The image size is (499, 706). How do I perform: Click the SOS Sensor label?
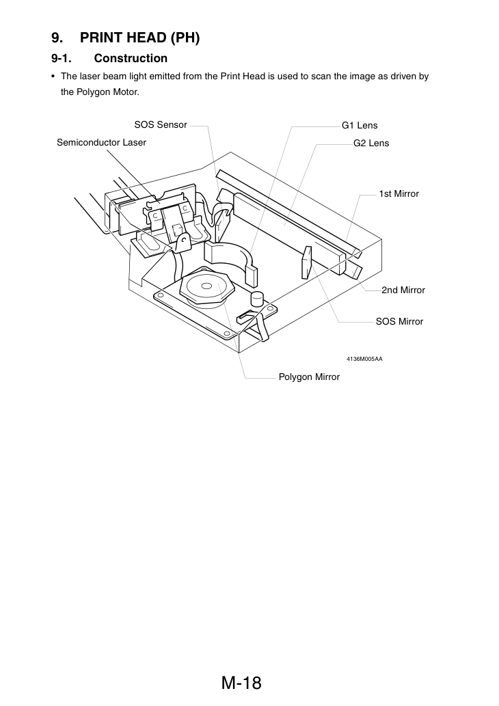click(x=161, y=124)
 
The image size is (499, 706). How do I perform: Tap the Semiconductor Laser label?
click(x=101, y=142)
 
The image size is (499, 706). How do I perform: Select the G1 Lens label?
click(x=360, y=125)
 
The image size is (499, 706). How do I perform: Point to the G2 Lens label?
click(x=371, y=143)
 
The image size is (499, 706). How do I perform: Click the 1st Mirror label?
click(x=399, y=193)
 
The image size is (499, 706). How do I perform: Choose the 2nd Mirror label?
click(x=403, y=290)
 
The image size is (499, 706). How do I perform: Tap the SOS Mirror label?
click(x=399, y=321)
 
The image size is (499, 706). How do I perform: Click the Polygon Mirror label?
click(x=309, y=377)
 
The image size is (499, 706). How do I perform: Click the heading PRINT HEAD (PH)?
click(x=139, y=38)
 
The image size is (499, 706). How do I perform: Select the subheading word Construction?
click(x=131, y=58)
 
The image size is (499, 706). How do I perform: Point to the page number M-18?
click(x=241, y=683)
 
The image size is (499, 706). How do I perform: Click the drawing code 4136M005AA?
click(x=364, y=359)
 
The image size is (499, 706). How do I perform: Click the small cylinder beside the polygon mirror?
click(x=257, y=299)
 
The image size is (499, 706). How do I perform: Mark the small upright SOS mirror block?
click(x=306, y=262)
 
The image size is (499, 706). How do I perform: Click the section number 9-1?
click(x=62, y=58)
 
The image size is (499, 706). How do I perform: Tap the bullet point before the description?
click(x=53, y=77)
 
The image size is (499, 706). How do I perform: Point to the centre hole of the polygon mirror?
click(x=206, y=286)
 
